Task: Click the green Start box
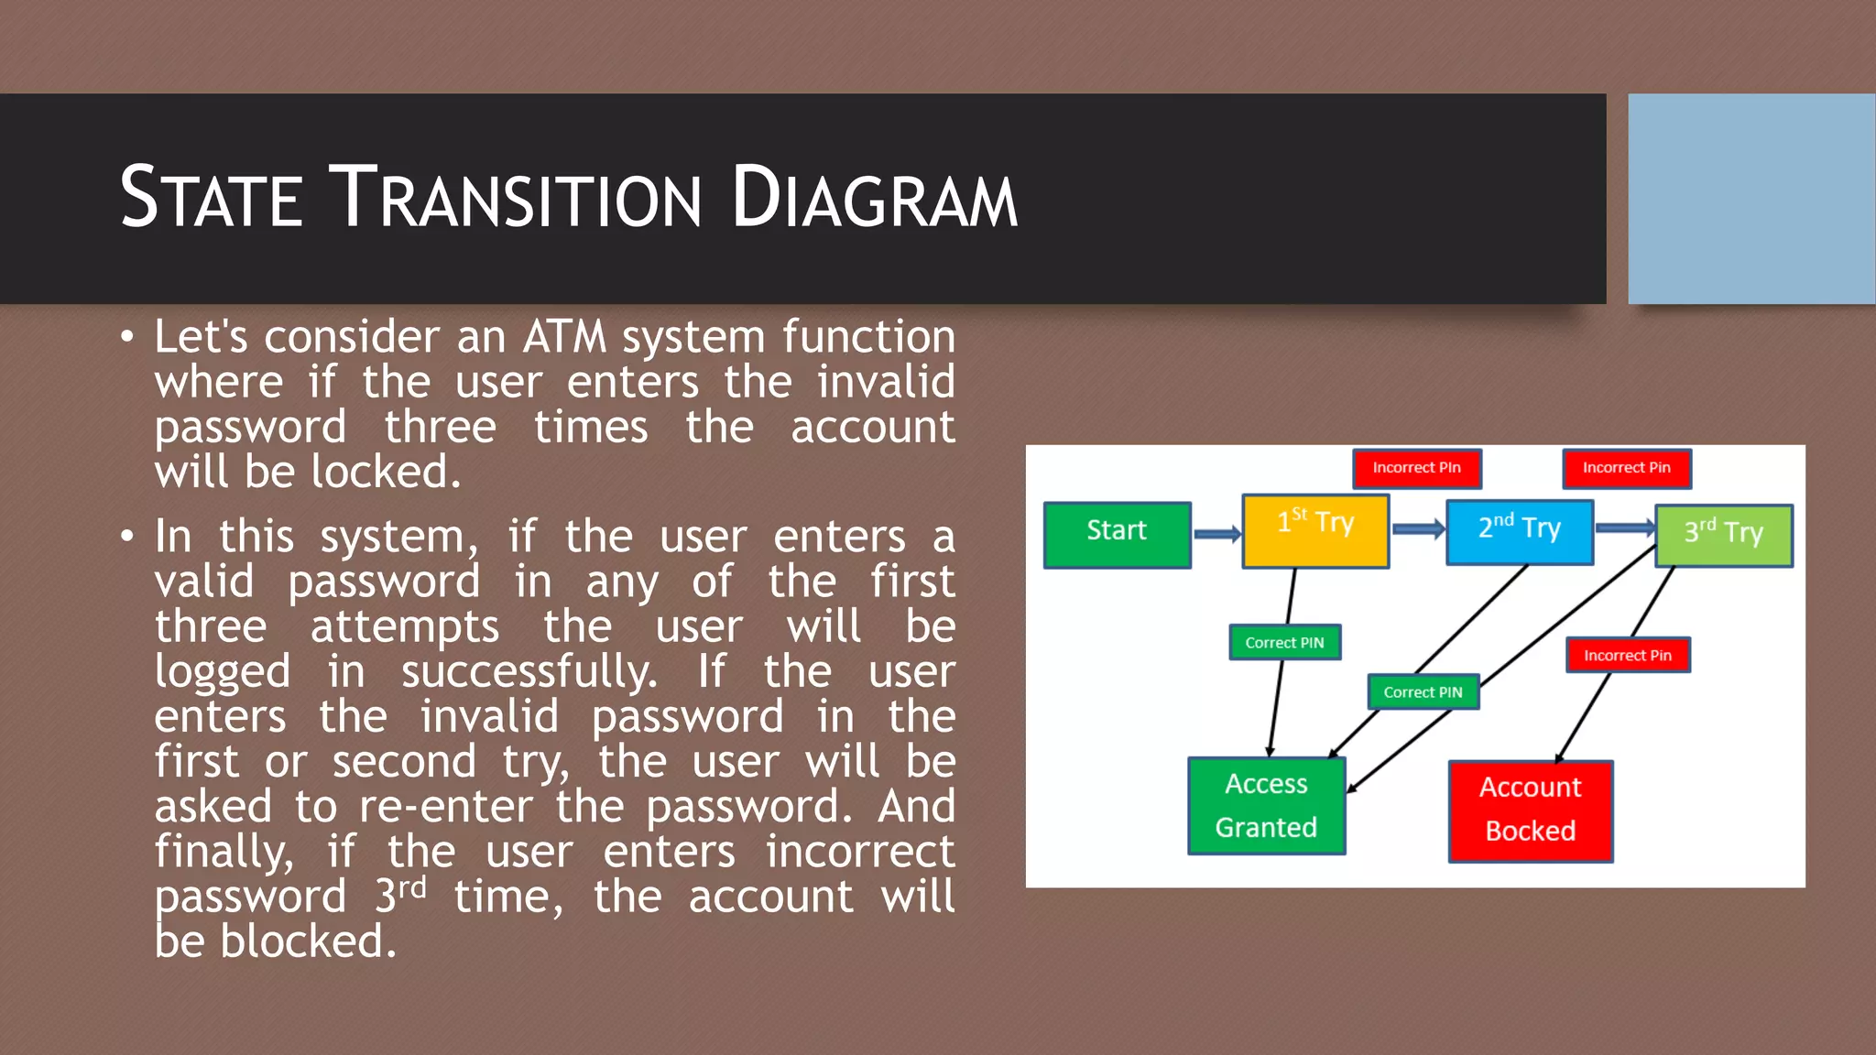[x=1117, y=535]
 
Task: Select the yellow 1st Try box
[x=1315, y=531]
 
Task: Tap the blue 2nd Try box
[x=1519, y=532]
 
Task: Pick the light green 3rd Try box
[x=1723, y=536]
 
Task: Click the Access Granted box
[x=1266, y=806]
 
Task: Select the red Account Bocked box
[x=1530, y=810]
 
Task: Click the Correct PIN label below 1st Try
[x=1284, y=642]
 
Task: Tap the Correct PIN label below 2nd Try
[x=1423, y=691]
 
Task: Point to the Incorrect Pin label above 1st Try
[x=1416, y=468]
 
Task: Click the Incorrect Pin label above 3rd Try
[x=1626, y=468]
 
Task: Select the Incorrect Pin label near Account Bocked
[x=1627, y=655]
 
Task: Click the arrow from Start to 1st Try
[x=1216, y=535]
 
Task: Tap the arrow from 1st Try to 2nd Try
[x=1417, y=529]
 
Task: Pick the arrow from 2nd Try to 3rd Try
[x=1623, y=528]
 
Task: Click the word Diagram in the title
[x=874, y=198]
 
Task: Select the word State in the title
[x=212, y=198]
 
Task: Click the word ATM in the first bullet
[x=564, y=336]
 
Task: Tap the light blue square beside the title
[x=1751, y=199]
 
